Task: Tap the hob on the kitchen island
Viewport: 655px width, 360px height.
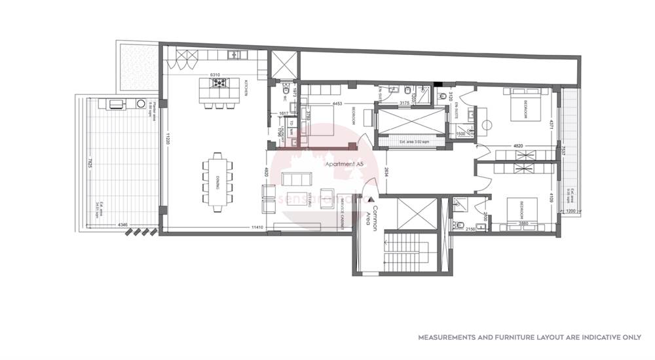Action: point(219,83)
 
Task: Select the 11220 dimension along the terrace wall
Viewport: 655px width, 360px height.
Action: point(168,139)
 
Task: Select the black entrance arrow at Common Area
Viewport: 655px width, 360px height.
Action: point(371,198)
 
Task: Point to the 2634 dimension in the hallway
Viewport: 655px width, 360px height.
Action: point(387,171)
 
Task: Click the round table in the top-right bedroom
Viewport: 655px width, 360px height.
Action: point(487,124)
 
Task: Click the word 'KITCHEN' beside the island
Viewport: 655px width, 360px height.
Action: point(247,88)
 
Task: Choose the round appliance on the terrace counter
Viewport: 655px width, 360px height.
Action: point(140,103)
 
